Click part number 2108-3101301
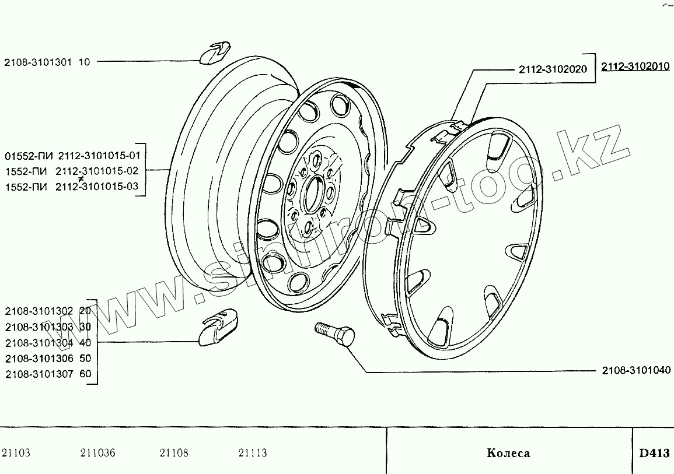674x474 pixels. [x=39, y=62]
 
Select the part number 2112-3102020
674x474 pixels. [x=553, y=69]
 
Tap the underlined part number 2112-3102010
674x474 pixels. [x=635, y=66]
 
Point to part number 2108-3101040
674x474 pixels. [x=636, y=370]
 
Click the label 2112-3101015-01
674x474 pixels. [x=99, y=156]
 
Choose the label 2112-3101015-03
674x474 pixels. [x=97, y=187]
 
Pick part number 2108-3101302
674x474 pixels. [x=39, y=311]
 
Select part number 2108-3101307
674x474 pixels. [x=39, y=374]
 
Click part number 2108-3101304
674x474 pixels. [x=39, y=343]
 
